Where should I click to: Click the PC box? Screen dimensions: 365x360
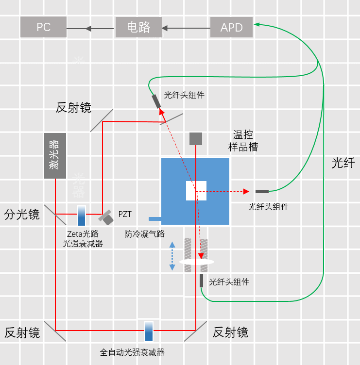point(43,27)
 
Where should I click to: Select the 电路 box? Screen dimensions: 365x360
point(138,27)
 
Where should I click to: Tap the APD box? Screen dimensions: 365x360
point(231,27)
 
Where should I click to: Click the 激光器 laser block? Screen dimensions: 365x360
point(55,155)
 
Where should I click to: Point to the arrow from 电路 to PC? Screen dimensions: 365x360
point(90,28)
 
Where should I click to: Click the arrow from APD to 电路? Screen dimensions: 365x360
point(186,28)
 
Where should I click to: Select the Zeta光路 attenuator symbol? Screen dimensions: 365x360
point(81,216)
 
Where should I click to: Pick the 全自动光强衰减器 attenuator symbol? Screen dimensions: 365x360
point(149,331)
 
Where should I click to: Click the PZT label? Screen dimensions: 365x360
point(125,214)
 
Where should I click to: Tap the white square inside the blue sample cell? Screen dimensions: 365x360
point(196,190)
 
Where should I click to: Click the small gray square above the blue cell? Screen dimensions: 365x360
point(196,138)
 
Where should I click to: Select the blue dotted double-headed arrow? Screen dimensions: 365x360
point(172,256)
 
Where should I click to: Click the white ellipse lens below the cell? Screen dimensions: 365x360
point(197,262)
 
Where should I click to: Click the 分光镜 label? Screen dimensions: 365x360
point(22,214)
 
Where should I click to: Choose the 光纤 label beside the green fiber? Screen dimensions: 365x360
point(343,163)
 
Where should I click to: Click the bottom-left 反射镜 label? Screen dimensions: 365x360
point(22,332)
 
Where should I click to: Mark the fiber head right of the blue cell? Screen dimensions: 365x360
point(262,191)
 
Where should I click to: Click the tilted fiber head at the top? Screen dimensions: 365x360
point(156,101)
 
